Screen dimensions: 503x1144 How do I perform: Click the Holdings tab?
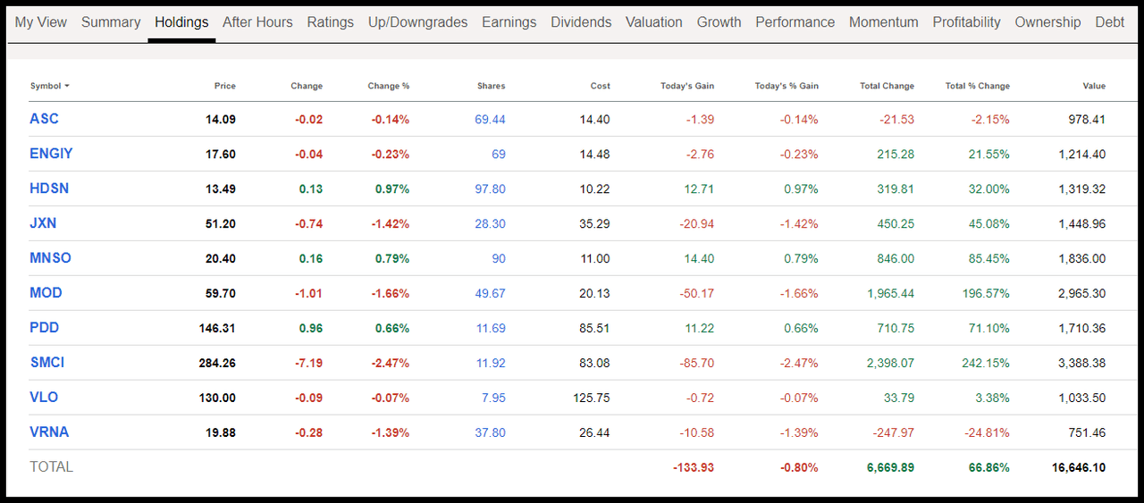[181, 22]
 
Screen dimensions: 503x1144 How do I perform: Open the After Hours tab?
[257, 22]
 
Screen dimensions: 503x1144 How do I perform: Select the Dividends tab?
[581, 22]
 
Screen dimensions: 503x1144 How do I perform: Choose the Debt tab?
[1110, 22]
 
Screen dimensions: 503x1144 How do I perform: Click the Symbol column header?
[49, 86]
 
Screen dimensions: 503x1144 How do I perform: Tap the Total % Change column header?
[977, 86]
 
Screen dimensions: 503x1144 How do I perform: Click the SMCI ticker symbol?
[47, 363]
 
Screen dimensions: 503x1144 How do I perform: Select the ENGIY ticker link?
[51, 154]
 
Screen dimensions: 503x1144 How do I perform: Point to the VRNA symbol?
[49, 432]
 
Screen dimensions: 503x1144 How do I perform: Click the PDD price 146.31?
[217, 328]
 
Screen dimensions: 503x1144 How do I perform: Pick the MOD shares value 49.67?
[490, 293]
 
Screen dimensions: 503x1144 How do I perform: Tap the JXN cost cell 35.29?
[594, 223]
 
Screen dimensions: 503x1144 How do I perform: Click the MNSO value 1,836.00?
[1081, 258]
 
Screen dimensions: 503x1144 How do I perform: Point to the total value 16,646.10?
[1079, 467]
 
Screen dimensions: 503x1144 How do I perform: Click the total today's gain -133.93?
[693, 467]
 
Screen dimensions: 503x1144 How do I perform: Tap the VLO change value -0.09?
[309, 398]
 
